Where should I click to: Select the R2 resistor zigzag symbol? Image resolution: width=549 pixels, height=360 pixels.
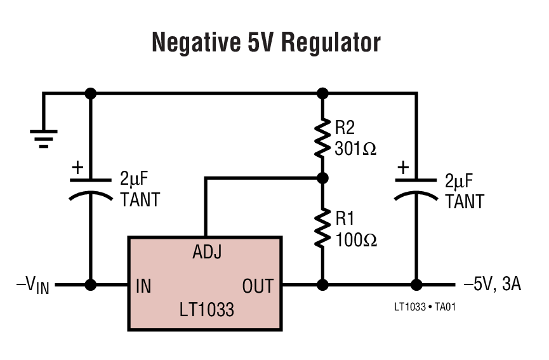tap(322, 136)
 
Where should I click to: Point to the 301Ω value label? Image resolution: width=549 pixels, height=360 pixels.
tap(356, 149)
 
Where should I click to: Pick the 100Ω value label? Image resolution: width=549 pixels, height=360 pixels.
tap(356, 240)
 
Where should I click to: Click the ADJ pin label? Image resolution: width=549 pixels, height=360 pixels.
tap(207, 253)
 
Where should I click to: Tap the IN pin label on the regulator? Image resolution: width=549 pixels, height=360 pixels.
tap(143, 286)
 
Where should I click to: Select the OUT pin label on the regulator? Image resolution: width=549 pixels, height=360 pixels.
tap(258, 286)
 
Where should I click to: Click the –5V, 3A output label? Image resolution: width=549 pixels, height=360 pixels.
tap(493, 284)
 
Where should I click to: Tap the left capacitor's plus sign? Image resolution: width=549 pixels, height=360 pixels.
tap(77, 168)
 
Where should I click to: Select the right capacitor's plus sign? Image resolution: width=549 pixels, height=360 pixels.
tap(402, 168)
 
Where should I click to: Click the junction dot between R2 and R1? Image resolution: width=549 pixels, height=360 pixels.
tap(322, 178)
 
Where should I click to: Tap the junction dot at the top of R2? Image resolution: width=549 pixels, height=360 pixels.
tap(322, 93)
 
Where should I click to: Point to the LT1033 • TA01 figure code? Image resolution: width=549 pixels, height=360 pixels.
tap(425, 307)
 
